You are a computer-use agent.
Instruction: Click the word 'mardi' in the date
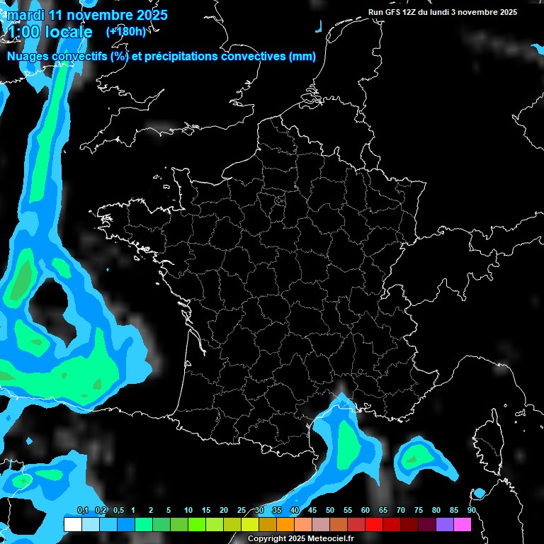25,15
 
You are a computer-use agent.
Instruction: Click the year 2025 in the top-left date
147,15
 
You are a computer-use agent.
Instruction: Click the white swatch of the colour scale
72,525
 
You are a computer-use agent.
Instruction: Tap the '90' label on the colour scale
471,511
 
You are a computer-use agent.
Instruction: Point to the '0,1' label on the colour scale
82,511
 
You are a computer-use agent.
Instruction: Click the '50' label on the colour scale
330,511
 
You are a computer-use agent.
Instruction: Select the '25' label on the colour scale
242,511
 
